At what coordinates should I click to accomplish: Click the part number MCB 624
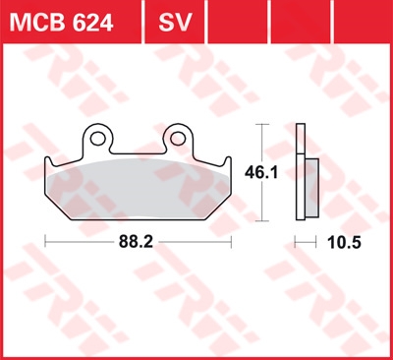61,23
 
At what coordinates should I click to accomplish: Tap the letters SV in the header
175,23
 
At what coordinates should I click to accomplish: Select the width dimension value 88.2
136,242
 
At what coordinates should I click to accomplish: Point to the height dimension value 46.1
261,172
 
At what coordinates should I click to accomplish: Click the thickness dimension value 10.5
344,243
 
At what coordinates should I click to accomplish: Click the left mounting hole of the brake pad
97,139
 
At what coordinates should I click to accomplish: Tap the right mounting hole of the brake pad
178,139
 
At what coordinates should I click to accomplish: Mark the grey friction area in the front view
138,190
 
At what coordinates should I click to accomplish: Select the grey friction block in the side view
312,188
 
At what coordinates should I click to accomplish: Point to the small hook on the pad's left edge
48,160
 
